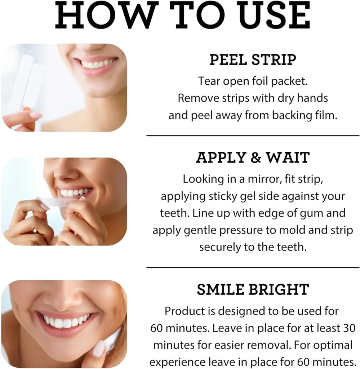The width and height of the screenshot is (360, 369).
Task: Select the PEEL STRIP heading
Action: coord(253,59)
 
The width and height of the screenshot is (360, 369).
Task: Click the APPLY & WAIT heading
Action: coord(253,157)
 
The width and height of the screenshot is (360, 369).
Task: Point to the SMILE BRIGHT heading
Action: coord(253,289)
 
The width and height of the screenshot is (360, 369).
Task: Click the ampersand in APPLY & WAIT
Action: coord(256,158)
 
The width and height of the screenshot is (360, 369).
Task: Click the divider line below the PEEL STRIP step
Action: coord(253,136)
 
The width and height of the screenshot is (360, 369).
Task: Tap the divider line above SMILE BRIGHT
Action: coord(253,268)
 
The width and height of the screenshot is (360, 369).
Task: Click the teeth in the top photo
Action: coord(97,63)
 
